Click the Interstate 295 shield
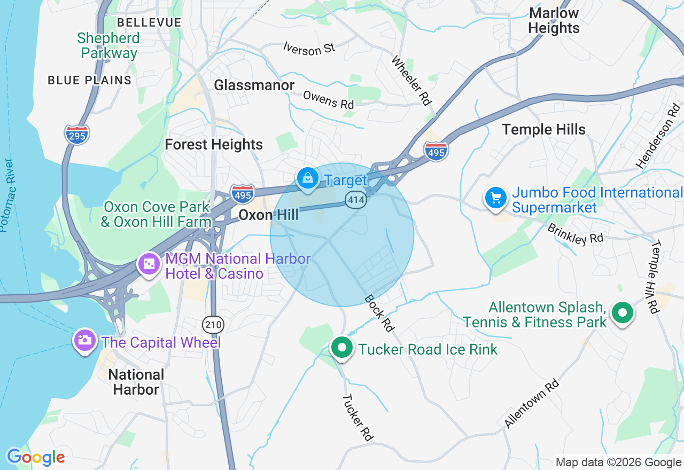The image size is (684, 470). point(77,134)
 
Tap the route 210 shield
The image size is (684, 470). point(213,324)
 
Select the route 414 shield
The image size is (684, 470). point(355,200)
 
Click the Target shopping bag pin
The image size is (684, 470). point(308,179)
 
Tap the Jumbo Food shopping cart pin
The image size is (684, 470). point(495,198)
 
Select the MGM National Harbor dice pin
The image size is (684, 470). point(149,264)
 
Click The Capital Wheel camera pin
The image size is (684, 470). point(85,340)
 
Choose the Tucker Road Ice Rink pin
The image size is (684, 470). point(341,348)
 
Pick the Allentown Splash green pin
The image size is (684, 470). point(622,313)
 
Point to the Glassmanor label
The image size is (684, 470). point(254,85)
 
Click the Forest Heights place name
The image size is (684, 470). point(214,145)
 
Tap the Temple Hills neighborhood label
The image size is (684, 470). point(544,129)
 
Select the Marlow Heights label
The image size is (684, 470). point(554,21)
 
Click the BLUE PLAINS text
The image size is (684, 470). point(89,81)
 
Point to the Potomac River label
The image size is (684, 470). point(8,195)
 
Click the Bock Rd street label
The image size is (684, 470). point(379,313)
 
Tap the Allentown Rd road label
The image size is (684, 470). point(532,403)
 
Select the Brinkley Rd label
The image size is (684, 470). point(574,234)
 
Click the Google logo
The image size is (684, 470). point(36,457)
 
